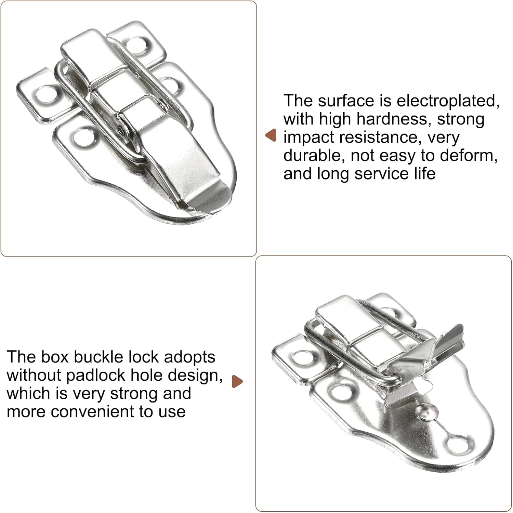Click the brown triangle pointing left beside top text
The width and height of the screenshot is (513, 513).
(271, 135)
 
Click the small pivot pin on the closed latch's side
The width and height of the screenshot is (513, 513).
(122, 129)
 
